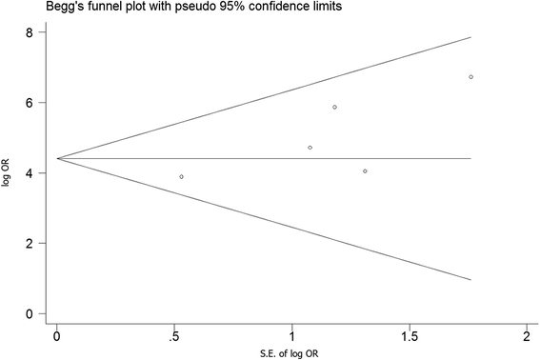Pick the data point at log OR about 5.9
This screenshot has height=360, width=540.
point(334,108)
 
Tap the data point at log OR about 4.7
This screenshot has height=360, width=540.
point(310,148)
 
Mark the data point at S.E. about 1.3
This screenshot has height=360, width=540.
point(365,171)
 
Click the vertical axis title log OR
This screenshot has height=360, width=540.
point(8,173)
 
